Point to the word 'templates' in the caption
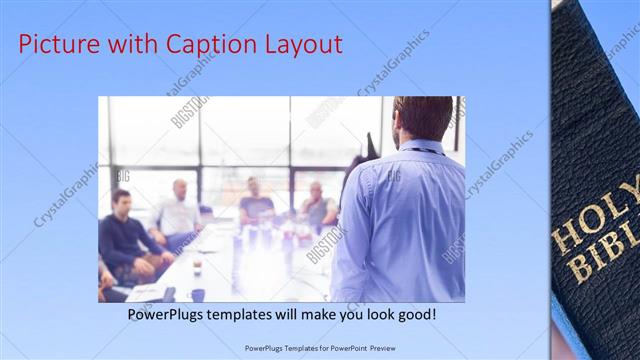pos(250,314)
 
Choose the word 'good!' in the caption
pos(412,314)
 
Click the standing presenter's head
pos(421,118)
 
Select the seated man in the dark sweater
pos(125,240)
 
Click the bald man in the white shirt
pos(178,212)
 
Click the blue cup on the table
pos(198,294)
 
